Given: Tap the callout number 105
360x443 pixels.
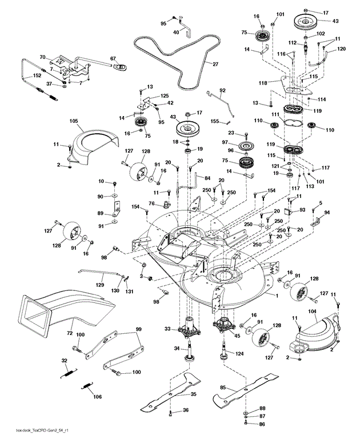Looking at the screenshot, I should (75, 121).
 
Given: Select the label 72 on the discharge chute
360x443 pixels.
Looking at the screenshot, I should (70, 332).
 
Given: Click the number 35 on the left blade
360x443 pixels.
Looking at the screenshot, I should (193, 394).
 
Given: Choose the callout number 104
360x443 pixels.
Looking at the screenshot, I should (313, 312).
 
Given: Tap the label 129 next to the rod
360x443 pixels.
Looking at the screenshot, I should (100, 285).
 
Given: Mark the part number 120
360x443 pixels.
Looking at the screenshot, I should (341, 50).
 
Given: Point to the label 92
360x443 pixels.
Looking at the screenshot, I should (223, 90).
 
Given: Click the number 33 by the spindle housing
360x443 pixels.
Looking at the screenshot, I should (168, 329).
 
